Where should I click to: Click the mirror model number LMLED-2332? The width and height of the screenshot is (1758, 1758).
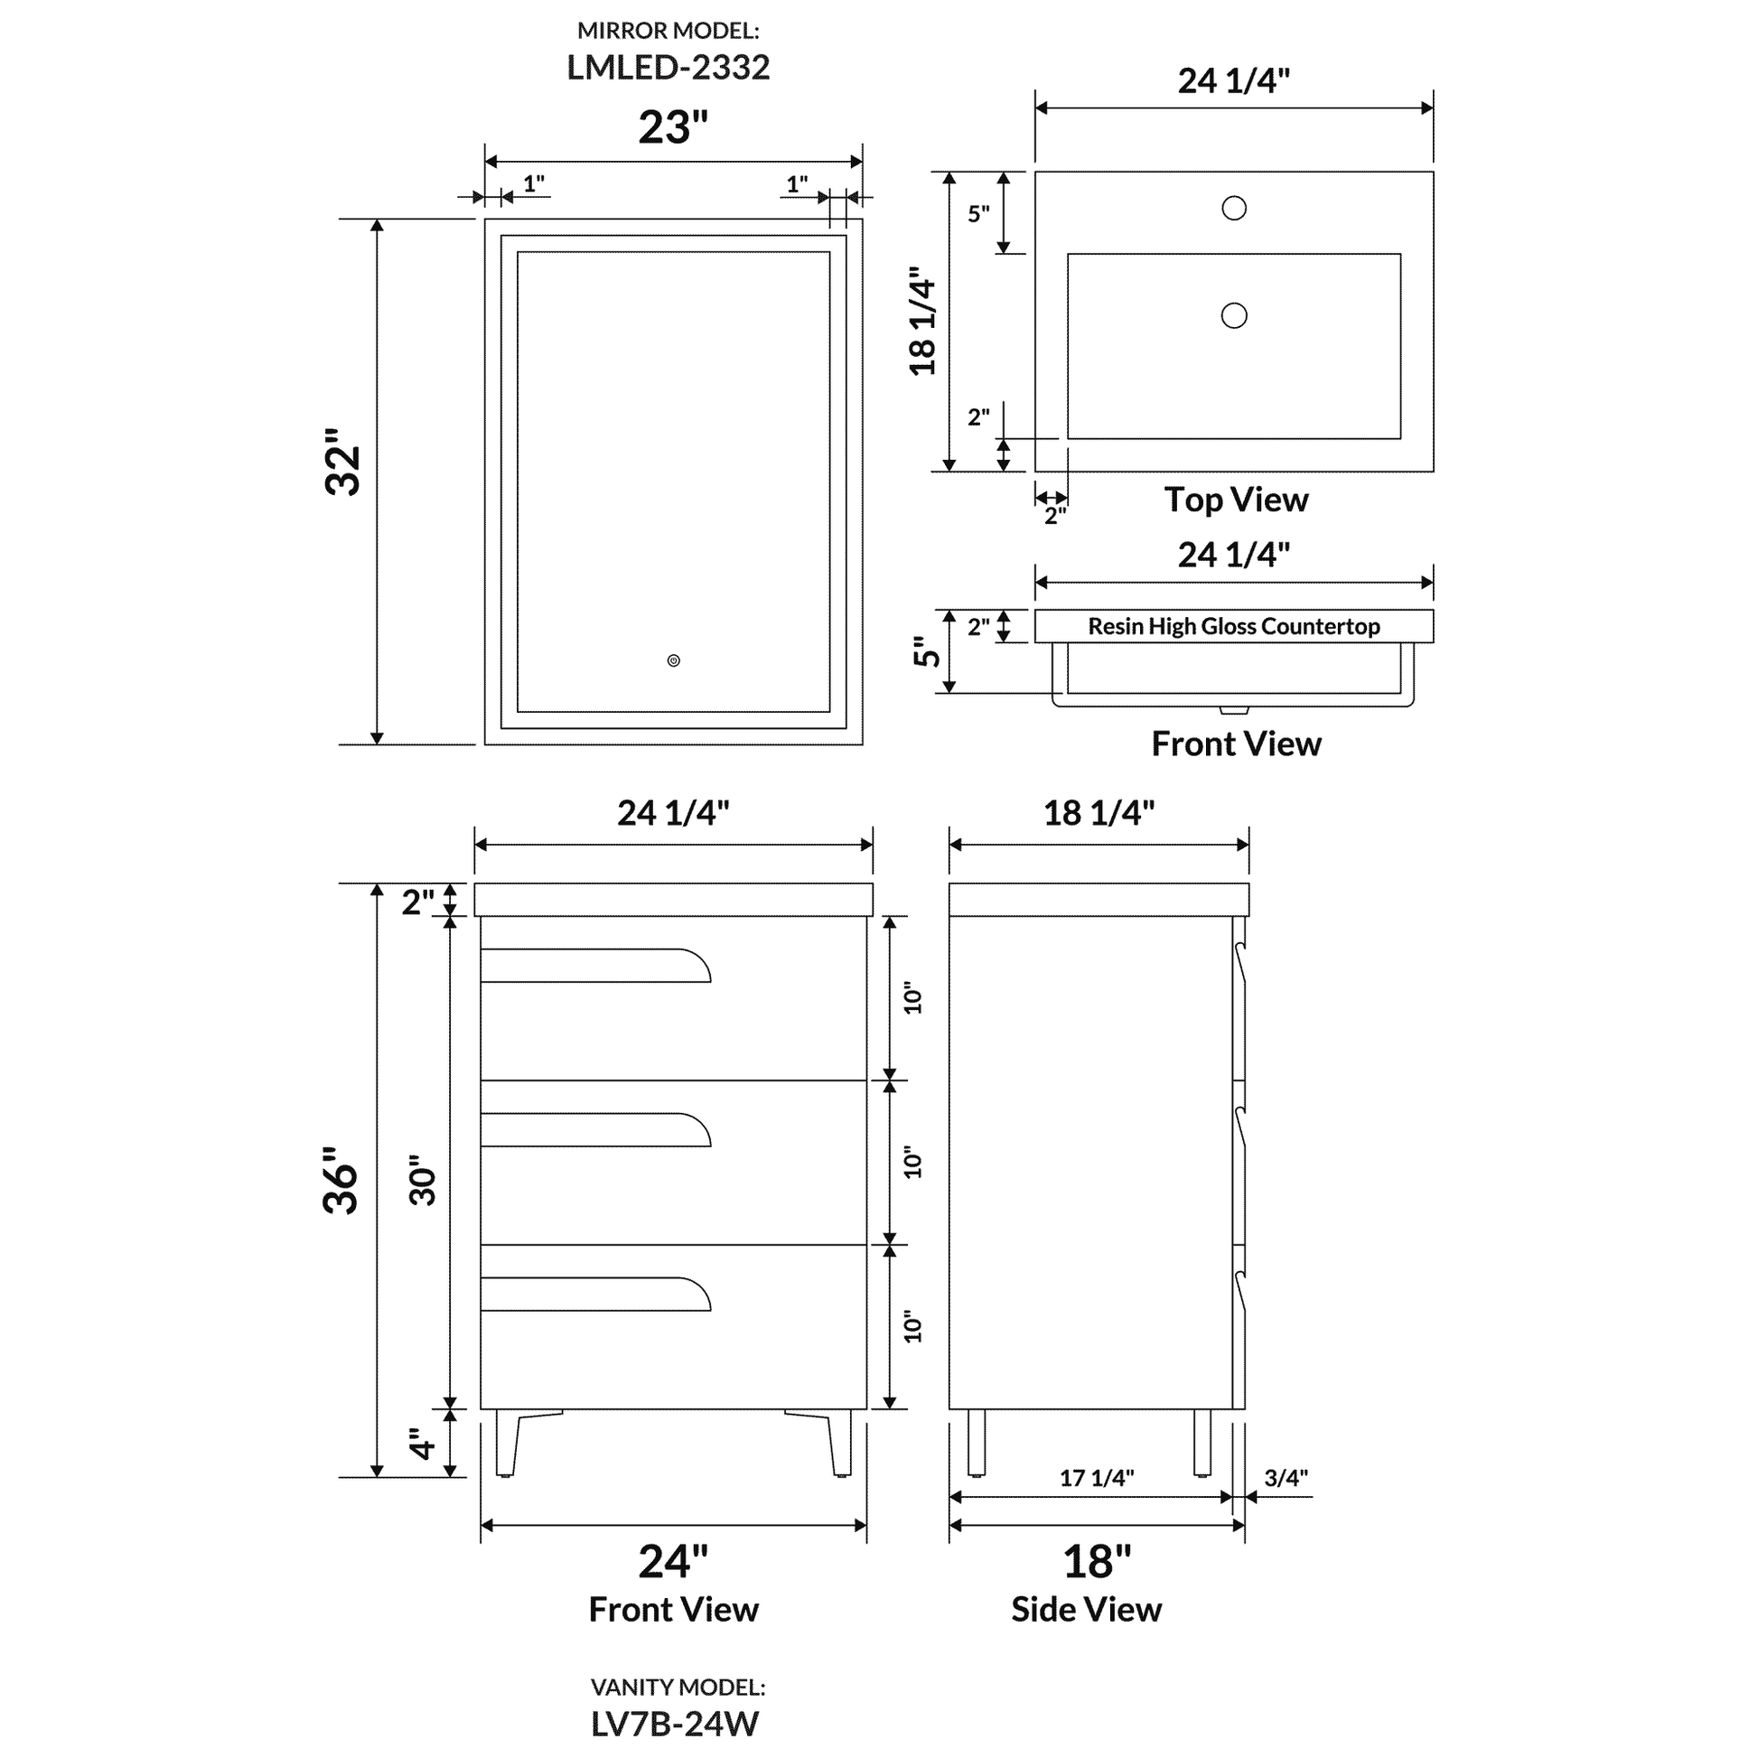[x=668, y=68]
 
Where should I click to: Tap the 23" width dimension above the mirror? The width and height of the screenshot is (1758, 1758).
[x=672, y=127]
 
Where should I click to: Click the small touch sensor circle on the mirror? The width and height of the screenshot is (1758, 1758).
[x=673, y=660]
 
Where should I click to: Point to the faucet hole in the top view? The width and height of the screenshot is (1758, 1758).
[x=1234, y=209]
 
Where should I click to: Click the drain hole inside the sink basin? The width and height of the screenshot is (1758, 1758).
[x=1234, y=316]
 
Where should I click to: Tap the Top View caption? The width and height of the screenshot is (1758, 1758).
[x=1236, y=500]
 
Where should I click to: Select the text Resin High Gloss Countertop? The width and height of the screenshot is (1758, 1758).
[x=1234, y=626]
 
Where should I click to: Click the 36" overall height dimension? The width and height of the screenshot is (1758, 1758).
[x=341, y=1180]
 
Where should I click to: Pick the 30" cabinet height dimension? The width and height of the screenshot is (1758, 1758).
[x=423, y=1181]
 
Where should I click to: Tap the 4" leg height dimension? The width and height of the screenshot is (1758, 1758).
[x=421, y=1443]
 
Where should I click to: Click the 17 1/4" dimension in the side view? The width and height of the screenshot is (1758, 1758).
[x=1097, y=1478]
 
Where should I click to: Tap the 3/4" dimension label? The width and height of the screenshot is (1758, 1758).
[x=1286, y=1478]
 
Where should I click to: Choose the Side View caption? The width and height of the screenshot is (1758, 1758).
[x=1087, y=1610]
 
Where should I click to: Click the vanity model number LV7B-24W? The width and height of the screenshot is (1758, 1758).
[x=674, y=1724]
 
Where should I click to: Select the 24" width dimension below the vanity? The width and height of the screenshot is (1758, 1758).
[x=672, y=1561]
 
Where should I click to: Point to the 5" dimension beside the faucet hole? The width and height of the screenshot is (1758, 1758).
[x=978, y=214]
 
